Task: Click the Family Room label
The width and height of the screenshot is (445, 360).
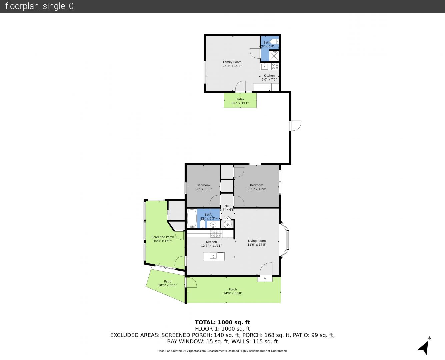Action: [x=232, y=62]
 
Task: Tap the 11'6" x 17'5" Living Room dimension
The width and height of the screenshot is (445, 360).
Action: [x=257, y=245]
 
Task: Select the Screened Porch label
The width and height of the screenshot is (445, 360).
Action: [x=163, y=237]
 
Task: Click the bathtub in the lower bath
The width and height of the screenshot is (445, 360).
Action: [x=192, y=218]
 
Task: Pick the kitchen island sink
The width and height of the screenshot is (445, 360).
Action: [x=213, y=256]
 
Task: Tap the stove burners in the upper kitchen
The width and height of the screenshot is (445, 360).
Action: [x=275, y=66]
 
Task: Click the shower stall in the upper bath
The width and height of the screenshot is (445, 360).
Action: [x=274, y=56]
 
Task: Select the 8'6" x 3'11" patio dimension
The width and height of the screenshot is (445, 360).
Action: [x=240, y=103]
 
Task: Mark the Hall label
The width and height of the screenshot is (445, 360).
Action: [x=228, y=206]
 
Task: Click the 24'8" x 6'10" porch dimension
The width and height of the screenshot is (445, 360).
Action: [x=233, y=293]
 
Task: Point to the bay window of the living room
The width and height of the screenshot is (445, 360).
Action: [x=284, y=240]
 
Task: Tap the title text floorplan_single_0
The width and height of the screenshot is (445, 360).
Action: [x=39, y=6]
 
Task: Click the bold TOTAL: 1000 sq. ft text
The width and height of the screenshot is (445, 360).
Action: [x=223, y=322]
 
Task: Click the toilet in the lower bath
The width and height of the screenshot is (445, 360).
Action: [x=202, y=224]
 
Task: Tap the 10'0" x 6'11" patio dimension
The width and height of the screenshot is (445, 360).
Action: [x=168, y=285]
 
